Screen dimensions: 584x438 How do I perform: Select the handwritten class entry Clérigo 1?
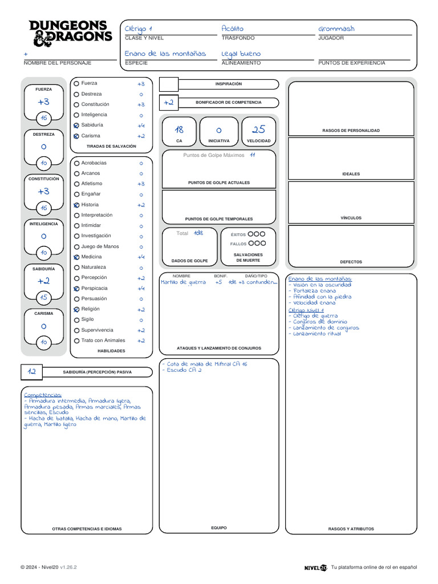tap(139, 29)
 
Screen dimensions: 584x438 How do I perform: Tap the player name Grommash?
tap(336, 29)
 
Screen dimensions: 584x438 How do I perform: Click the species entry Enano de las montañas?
tap(165, 54)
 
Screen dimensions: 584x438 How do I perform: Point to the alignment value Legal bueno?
tap(241, 54)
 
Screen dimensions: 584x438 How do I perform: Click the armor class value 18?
tap(179, 130)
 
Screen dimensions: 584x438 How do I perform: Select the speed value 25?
tap(259, 130)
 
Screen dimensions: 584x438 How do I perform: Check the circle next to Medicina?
tap(76, 257)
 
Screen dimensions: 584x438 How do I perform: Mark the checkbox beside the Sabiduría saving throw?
tap(76, 125)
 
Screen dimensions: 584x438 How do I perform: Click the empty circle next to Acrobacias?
tap(76, 163)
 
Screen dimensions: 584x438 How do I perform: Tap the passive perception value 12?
tap(32, 372)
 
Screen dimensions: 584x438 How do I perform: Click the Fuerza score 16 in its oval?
tap(43, 118)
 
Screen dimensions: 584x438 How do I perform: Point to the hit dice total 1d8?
tap(198, 233)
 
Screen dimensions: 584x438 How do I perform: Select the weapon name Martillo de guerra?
tap(183, 282)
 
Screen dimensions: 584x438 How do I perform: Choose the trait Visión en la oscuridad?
tap(322, 285)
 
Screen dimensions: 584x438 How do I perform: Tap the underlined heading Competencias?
tap(43, 395)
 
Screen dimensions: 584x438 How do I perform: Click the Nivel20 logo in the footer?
tap(315, 567)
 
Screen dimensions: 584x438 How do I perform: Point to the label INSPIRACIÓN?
tap(228, 84)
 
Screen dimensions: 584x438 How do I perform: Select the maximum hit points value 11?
tap(252, 155)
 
